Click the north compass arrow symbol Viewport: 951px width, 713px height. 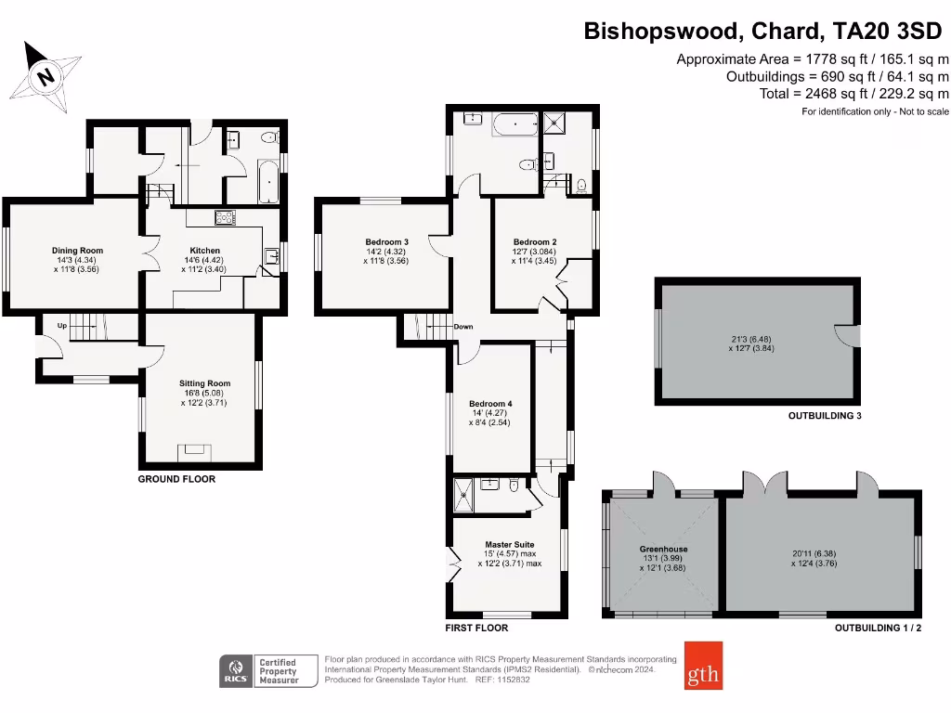[43, 74]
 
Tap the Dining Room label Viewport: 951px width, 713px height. [77, 251]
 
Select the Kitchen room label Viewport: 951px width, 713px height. [205, 251]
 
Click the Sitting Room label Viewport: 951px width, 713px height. [204, 383]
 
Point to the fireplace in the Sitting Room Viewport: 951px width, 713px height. [195, 451]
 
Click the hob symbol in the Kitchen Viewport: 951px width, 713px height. [225, 218]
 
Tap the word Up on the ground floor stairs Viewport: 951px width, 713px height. [62, 326]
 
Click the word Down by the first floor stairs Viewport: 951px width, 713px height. [463, 327]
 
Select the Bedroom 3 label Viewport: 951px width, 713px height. [386, 242]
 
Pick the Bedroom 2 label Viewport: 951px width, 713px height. [535, 242]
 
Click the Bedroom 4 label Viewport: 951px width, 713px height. [489, 404]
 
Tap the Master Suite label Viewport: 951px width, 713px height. [509, 545]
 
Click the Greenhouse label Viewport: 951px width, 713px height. [662, 549]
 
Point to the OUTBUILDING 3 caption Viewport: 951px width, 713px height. [825, 416]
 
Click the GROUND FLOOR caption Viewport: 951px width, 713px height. [176, 480]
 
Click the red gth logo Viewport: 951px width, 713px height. [702, 666]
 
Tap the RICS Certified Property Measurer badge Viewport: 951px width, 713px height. [265, 669]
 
